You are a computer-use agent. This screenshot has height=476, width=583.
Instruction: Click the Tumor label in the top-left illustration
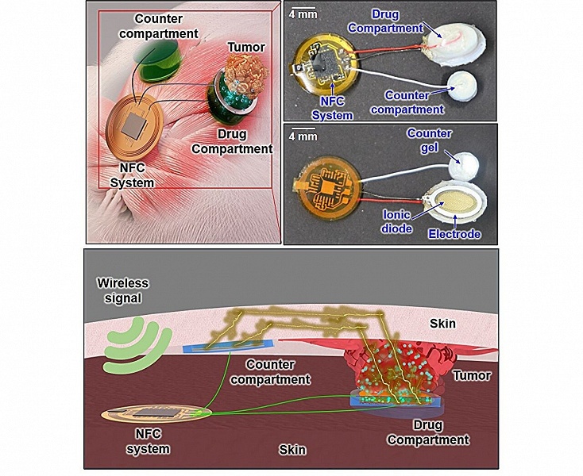coord(245,47)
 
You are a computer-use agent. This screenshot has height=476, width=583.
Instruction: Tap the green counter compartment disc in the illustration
coord(158,60)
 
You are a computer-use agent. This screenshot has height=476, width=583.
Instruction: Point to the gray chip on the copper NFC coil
coord(134,125)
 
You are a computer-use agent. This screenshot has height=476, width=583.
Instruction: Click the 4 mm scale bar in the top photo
coord(303,7)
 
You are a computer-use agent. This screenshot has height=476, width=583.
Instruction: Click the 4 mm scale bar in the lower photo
coord(303,129)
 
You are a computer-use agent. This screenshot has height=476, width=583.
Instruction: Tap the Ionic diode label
coord(396,221)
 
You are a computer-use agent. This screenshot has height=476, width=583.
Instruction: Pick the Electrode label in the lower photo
coord(454,234)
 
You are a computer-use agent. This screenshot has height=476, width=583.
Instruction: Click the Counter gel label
coord(429,140)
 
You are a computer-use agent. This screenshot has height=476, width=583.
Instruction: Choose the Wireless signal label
coord(122,290)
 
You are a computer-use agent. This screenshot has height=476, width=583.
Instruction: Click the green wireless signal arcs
coord(137,345)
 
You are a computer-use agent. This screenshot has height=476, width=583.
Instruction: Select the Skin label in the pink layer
coord(442,324)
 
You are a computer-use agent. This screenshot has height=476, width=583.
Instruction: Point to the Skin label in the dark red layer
coord(292,450)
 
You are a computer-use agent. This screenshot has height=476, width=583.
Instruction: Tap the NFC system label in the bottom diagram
coord(149,441)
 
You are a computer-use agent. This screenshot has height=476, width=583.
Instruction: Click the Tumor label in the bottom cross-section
coord(472,376)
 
